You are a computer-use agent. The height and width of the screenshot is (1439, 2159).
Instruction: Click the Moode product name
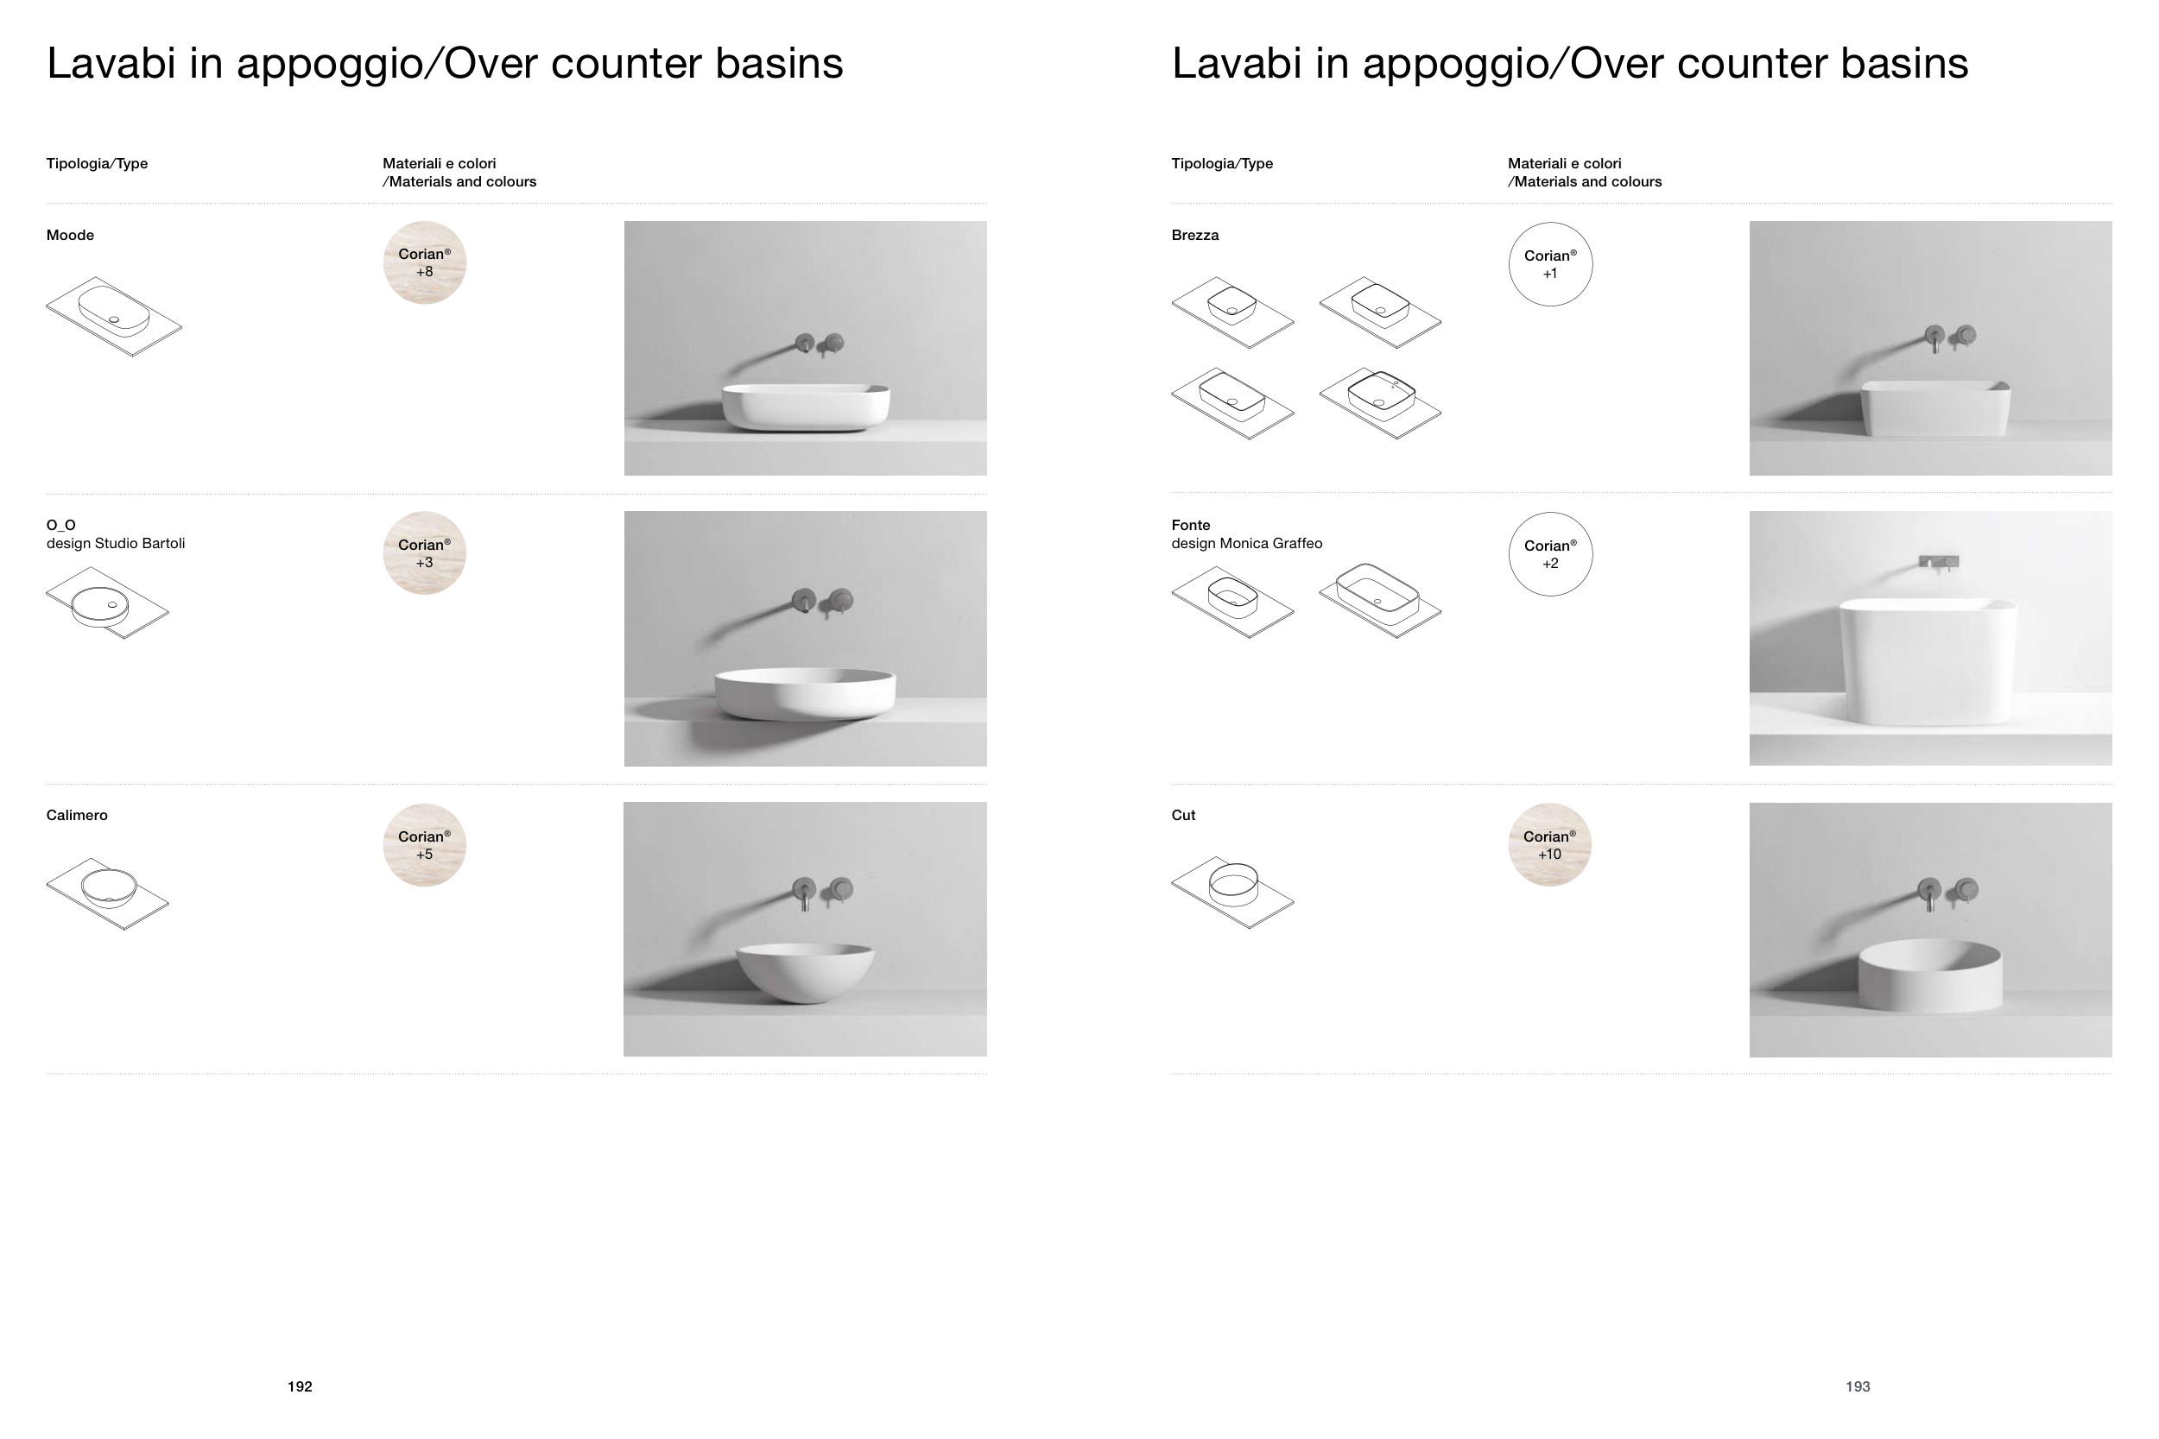tap(70, 235)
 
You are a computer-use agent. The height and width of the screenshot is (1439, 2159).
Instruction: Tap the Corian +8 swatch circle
tap(424, 262)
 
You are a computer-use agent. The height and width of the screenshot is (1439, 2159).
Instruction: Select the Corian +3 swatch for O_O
tap(424, 552)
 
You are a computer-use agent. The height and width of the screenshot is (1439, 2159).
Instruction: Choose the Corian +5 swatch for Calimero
tap(424, 844)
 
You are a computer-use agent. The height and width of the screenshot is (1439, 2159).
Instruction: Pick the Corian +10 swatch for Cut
tap(1549, 844)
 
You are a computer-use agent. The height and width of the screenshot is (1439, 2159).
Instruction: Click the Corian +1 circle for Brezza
tap(1550, 264)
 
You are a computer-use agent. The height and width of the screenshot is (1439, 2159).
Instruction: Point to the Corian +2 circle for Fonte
tap(1550, 554)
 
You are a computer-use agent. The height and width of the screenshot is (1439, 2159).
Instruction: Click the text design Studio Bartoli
tap(116, 543)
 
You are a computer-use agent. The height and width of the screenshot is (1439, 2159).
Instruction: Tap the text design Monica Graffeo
tap(1246, 543)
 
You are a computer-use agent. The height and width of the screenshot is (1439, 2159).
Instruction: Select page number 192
tap(301, 1386)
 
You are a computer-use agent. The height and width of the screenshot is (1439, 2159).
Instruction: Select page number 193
tap(1857, 1386)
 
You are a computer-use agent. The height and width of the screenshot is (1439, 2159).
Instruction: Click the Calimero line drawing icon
tap(107, 893)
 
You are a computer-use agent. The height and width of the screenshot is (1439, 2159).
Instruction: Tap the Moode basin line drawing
tap(114, 317)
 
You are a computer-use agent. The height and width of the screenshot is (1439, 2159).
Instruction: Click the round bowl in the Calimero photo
tap(805, 973)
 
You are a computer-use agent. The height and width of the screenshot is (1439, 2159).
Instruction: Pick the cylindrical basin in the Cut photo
tap(1929, 975)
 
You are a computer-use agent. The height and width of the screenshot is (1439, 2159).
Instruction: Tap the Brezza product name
tap(1195, 235)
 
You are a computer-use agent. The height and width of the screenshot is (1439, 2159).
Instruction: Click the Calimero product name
tap(77, 815)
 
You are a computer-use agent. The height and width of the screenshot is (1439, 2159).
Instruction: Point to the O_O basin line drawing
tap(107, 603)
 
